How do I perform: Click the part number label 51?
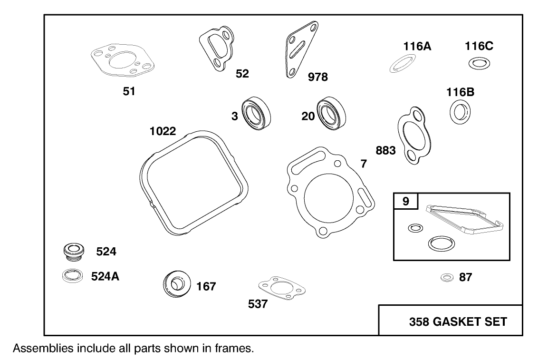[x=129, y=91]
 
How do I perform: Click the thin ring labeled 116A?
[x=403, y=63]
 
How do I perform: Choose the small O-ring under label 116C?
[x=479, y=63]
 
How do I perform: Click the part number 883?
[x=385, y=151]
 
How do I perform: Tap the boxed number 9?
[x=405, y=201]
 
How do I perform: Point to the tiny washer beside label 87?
[x=446, y=277]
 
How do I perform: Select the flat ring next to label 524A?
[x=72, y=276]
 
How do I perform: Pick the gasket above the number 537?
[x=280, y=288]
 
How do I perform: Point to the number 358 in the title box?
[x=420, y=322]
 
